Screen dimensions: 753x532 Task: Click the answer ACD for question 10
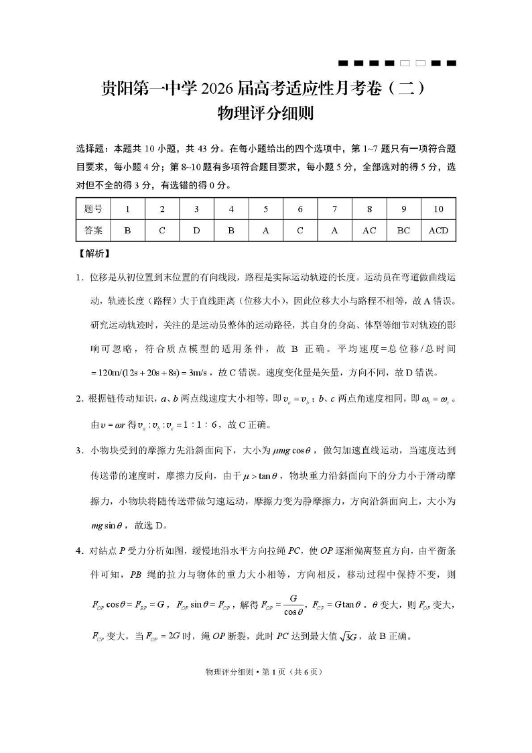pyautogui.click(x=438, y=231)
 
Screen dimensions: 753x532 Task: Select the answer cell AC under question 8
pyautogui.click(x=369, y=231)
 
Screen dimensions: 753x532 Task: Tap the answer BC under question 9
pyautogui.click(x=403, y=231)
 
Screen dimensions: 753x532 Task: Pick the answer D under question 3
pyautogui.click(x=196, y=231)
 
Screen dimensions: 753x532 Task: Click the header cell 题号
pyautogui.click(x=94, y=209)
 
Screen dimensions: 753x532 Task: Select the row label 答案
pyautogui.click(x=94, y=231)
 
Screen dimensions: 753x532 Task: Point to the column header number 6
pyautogui.click(x=300, y=209)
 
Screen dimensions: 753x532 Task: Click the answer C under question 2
pyautogui.click(x=162, y=231)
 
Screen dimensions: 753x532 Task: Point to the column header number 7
pyautogui.click(x=334, y=209)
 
